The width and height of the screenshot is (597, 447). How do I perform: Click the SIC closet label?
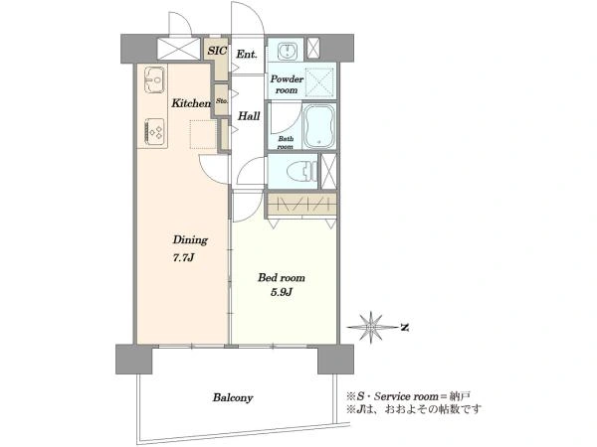217,51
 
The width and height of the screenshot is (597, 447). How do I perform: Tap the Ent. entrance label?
247,55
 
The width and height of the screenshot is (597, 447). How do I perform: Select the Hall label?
249,116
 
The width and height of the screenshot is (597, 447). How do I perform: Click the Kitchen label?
191,103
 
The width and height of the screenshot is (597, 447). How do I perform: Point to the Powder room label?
287,84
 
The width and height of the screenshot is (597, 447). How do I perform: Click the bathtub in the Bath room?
319,126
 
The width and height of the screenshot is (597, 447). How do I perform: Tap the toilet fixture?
301,172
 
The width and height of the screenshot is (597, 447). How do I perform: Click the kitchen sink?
154,79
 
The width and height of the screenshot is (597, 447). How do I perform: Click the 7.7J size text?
184,258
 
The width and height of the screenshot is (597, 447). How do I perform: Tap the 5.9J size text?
281,292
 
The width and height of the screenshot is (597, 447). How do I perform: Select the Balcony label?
233,398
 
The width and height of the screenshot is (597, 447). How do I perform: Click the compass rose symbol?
370,327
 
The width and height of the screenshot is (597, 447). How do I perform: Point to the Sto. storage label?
222,101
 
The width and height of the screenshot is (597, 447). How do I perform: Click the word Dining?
190,240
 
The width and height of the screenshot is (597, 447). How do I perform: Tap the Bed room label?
282,277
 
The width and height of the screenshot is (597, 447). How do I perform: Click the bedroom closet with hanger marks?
301,204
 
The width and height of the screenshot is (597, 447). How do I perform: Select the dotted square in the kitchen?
203,134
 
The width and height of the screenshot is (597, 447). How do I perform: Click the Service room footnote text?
408,396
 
